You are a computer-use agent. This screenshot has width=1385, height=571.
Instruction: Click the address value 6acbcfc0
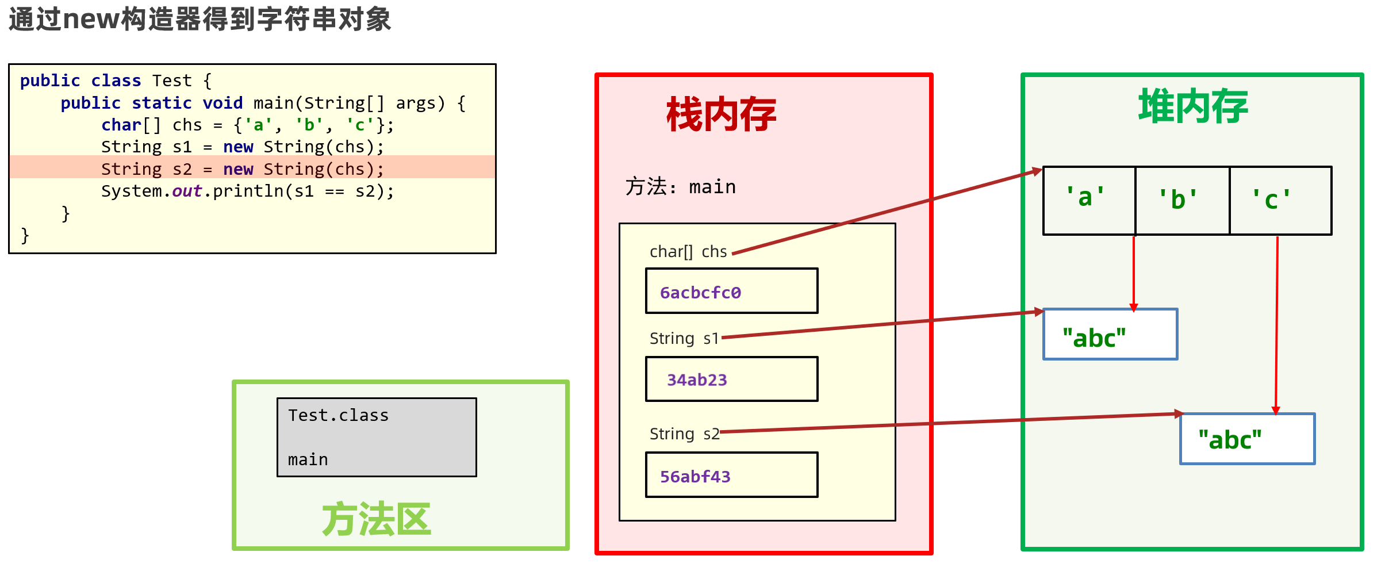[700, 293]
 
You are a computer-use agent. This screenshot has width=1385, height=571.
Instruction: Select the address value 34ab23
[697, 380]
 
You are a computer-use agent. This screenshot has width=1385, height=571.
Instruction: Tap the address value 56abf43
[695, 477]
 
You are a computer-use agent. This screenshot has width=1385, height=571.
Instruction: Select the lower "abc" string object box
[1246, 439]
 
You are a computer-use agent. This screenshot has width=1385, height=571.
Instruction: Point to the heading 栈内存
[721, 114]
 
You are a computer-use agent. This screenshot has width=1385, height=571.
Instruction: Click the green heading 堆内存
[1193, 107]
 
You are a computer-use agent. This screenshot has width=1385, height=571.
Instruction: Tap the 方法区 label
[377, 519]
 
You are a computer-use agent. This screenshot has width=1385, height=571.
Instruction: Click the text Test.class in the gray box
[338, 415]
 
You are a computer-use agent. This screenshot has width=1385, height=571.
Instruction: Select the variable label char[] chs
[688, 252]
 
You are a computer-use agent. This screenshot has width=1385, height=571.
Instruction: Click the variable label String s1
[684, 339]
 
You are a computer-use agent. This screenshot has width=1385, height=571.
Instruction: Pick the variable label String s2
[684, 434]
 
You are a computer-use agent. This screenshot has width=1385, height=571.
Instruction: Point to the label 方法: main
[680, 187]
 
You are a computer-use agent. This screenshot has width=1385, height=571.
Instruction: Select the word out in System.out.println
[187, 191]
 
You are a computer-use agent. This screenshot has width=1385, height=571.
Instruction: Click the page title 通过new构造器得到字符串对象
[199, 19]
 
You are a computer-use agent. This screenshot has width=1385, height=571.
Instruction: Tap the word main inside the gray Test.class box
[308, 459]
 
